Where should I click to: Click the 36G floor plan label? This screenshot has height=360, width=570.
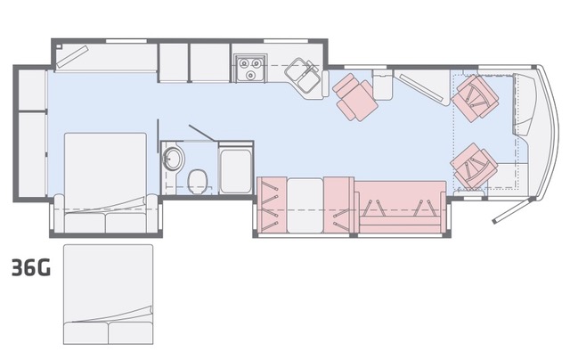(x=31, y=268)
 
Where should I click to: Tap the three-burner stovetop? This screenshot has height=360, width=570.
(x=250, y=68)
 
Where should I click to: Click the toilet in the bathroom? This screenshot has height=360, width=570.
(x=198, y=181)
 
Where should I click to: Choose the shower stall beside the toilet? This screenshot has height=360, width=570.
(x=235, y=169)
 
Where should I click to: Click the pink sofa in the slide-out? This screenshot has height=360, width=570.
(x=400, y=207)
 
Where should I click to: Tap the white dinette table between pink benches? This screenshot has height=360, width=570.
(x=305, y=206)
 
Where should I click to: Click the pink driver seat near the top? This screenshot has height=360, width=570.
(x=475, y=96)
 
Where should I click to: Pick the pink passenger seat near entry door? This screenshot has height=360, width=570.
(x=474, y=166)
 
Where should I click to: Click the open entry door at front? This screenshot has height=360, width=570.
(x=513, y=211)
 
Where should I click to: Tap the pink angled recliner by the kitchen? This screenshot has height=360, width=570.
(x=354, y=97)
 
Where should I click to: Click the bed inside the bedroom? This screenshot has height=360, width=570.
(x=105, y=183)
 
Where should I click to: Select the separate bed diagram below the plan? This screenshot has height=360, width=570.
(x=109, y=294)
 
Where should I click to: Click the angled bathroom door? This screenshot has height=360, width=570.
(x=201, y=133)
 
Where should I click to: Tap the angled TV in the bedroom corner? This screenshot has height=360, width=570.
(x=72, y=57)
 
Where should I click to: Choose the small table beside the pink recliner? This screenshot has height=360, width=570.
(x=383, y=85)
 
